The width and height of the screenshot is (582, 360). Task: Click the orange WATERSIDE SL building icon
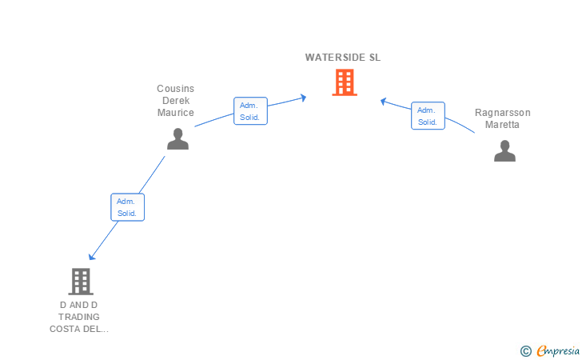pyautogui.click(x=345, y=82)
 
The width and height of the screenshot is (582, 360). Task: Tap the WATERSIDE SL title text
pyautogui.click(x=343, y=58)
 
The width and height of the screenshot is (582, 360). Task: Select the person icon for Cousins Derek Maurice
pyautogui.click(x=177, y=139)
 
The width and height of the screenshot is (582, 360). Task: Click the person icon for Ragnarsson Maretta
pyautogui.click(x=504, y=151)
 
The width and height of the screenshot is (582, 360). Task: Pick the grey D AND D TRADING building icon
pyautogui.click(x=81, y=282)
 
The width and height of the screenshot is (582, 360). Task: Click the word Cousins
pyautogui.click(x=176, y=89)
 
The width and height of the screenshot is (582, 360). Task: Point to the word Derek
pyautogui.click(x=176, y=101)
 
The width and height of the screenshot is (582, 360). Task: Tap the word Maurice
pyautogui.click(x=176, y=113)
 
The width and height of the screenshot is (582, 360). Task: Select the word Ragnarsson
pyautogui.click(x=503, y=113)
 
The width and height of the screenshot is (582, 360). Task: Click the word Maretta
pyautogui.click(x=502, y=125)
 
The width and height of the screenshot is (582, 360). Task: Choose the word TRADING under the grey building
pyautogui.click(x=79, y=317)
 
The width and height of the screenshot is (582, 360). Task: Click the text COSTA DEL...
pyautogui.click(x=79, y=329)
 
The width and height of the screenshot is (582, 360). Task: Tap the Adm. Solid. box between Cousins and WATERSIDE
pyautogui.click(x=250, y=111)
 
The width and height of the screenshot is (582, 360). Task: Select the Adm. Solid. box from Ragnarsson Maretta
pyautogui.click(x=428, y=116)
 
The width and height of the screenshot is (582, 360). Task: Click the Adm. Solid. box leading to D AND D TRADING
pyautogui.click(x=128, y=207)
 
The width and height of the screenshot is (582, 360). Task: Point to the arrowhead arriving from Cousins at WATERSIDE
pyautogui.click(x=304, y=98)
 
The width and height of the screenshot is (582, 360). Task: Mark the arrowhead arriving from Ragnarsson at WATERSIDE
pyautogui.click(x=384, y=101)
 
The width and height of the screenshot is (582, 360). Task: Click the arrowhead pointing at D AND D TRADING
pyautogui.click(x=91, y=257)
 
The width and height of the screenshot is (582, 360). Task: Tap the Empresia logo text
pyautogui.click(x=558, y=350)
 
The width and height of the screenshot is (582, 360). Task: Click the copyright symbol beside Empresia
pyautogui.click(x=526, y=351)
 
